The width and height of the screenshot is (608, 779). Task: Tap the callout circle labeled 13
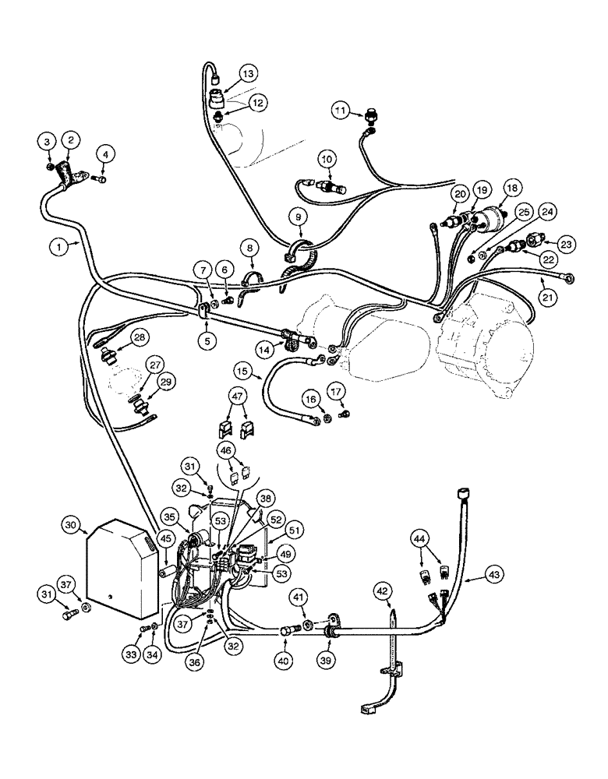pyautogui.click(x=247, y=74)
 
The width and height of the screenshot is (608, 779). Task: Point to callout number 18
pyautogui.click(x=511, y=189)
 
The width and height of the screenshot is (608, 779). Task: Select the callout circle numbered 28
pyautogui.click(x=138, y=337)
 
